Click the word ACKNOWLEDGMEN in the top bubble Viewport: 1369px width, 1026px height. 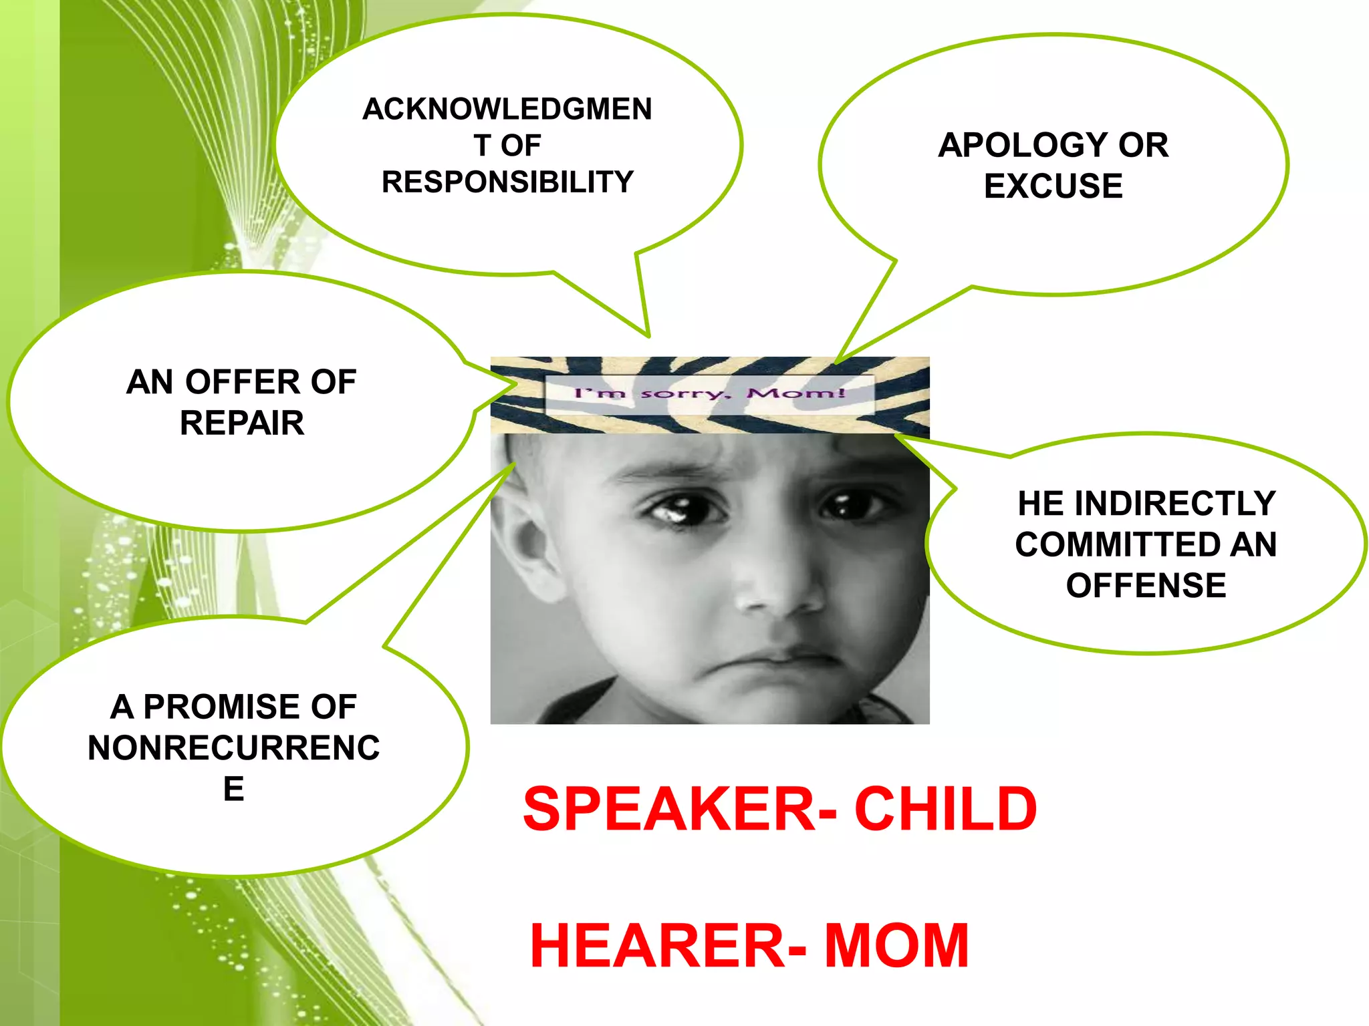[x=507, y=110]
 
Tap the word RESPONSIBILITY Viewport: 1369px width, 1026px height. [x=507, y=182]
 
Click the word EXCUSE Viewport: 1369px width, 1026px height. [x=1053, y=186]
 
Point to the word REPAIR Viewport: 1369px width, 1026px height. [x=242, y=423]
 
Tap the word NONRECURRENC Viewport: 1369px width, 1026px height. [x=233, y=748]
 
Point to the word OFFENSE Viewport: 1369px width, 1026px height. [x=1146, y=586]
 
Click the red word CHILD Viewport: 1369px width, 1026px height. [x=945, y=810]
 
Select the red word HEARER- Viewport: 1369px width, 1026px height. [x=668, y=946]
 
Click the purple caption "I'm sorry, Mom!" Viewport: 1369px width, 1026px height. [x=710, y=393]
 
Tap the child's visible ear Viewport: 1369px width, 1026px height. [x=528, y=548]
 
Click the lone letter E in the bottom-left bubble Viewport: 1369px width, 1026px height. [x=233, y=790]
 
